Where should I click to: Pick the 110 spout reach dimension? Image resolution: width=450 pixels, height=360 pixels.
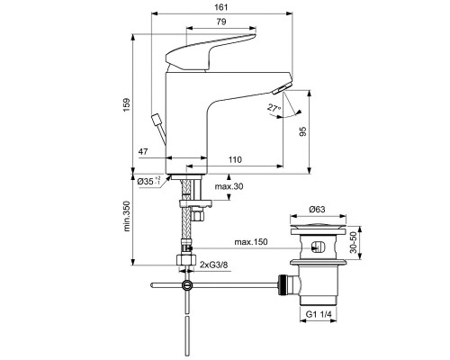point(235,159)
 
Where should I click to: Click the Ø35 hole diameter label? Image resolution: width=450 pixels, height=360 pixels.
point(148,181)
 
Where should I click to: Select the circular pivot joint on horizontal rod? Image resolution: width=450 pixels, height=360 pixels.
point(186,285)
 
